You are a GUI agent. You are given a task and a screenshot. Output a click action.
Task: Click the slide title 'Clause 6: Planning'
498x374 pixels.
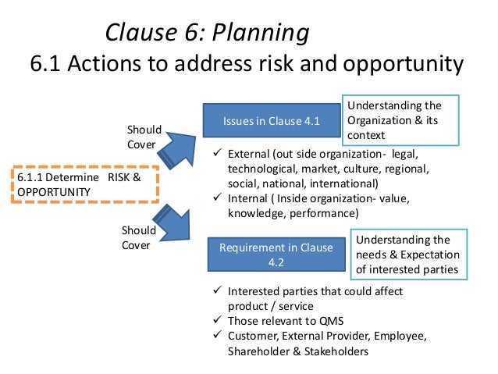(x=206, y=32)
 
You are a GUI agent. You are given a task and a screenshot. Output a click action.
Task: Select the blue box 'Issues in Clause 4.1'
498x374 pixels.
(x=271, y=121)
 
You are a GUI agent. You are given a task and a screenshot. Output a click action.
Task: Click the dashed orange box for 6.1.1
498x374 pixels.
(x=86, y=185)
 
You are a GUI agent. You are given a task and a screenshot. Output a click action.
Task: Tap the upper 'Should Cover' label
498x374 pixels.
(x=144, y=137)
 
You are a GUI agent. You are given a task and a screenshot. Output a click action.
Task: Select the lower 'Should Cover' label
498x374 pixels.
(x=139, y=238)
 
